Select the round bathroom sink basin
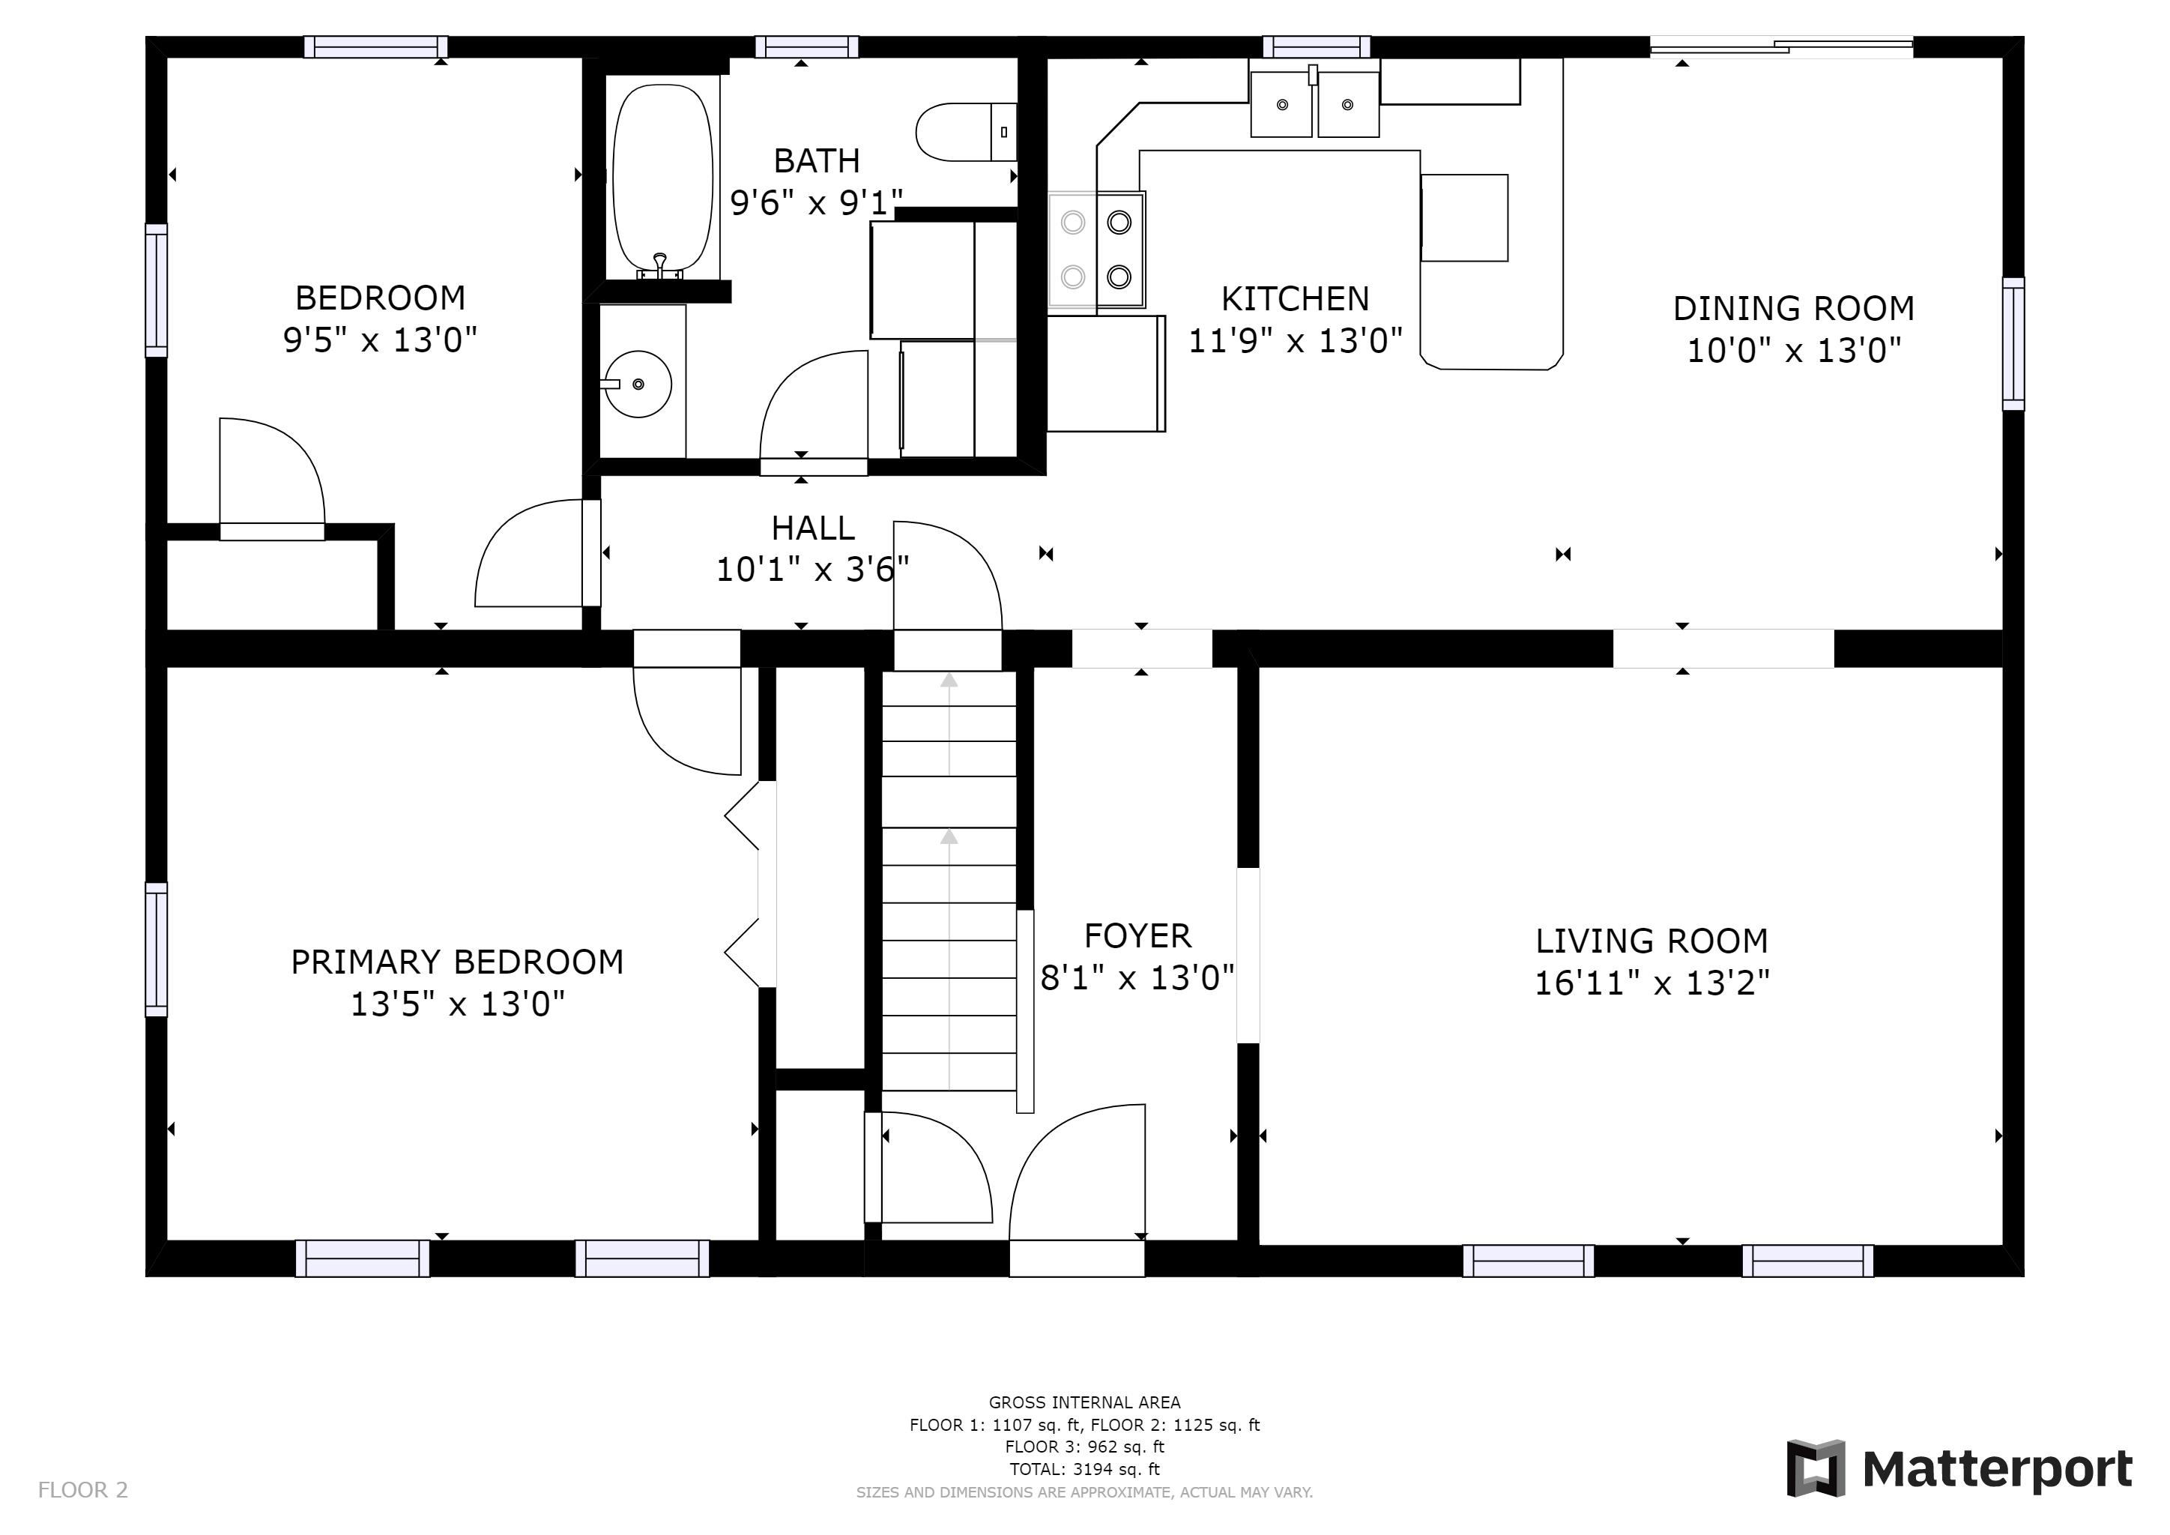(x=638, y=384)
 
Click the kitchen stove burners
(x=1096, y=250)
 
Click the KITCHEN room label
(x=1295, y=299)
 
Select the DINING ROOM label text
(x=1793, y=308)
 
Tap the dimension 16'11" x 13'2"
(x=1651, y=983)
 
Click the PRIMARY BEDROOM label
(x=456, y=962)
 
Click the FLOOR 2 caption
(x=82, y=1491)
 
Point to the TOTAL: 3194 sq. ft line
(x=1084, y=1469)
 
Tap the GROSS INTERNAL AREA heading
(x=1084, y=1402)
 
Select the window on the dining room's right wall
(x=2013, y=344)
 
